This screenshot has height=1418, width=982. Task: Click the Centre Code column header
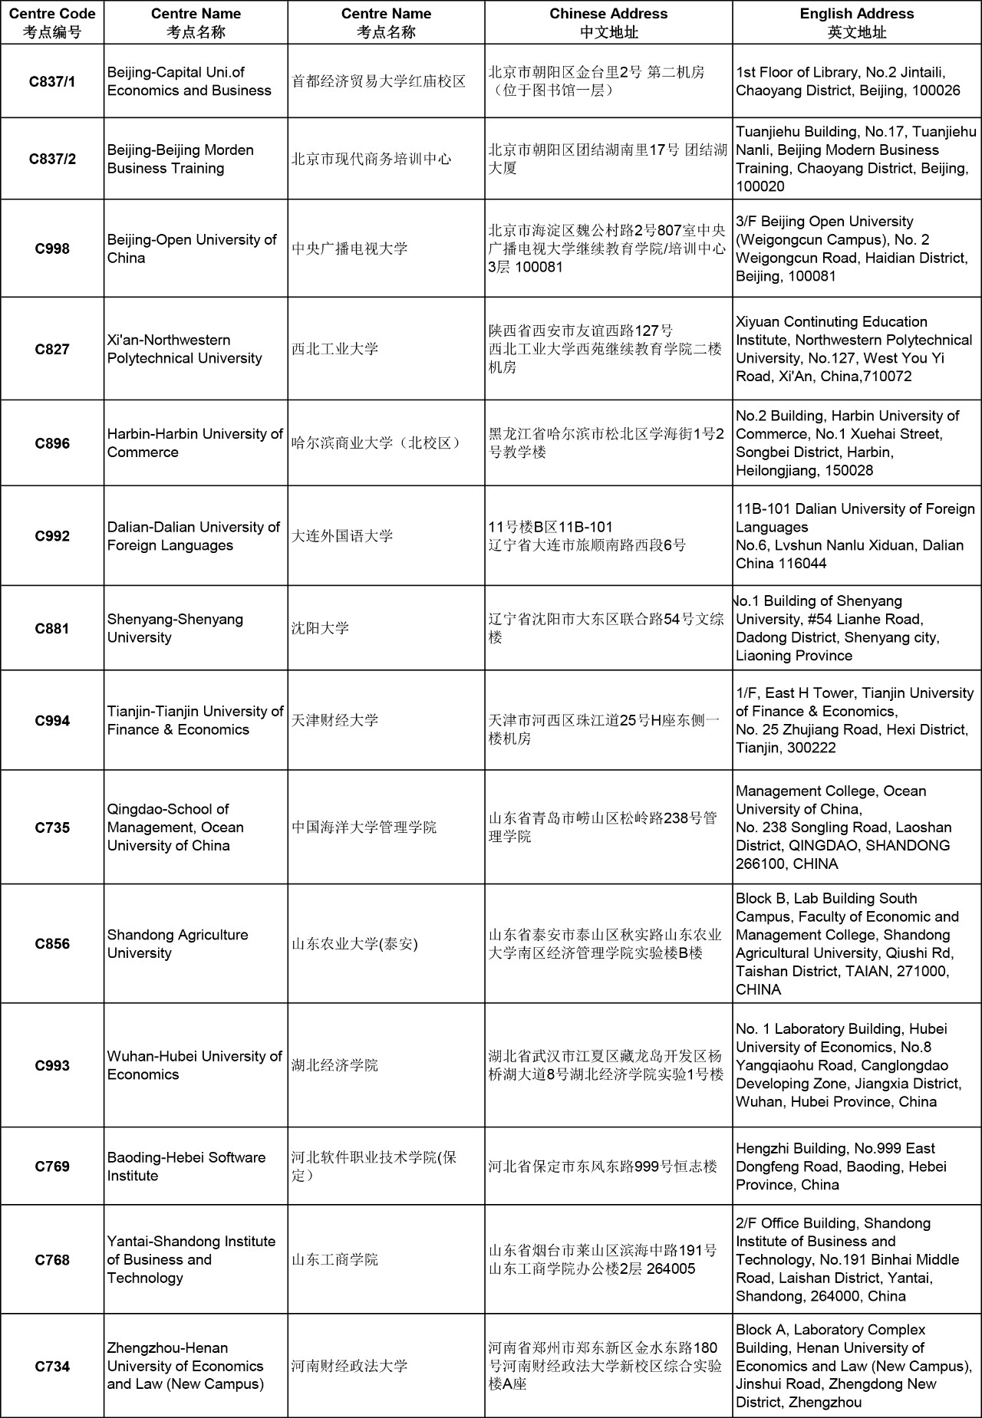(x=52, y=23)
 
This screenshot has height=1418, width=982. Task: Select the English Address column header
(x=856, y=23)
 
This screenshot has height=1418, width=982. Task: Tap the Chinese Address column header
(x=608, y=23)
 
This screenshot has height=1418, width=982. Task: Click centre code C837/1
(x=52, y=81)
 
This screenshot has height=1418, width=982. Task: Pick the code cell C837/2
(x=52, y=159)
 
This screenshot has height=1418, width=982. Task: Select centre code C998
(x=52, y=248)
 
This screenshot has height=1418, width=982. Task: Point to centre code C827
(x=52, y=349)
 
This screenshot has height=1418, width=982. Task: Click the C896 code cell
(x=52, y=443)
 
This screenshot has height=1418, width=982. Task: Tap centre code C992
(x=52, y=536)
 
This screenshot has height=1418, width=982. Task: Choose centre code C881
(x=52, y=629)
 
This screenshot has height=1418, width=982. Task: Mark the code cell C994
(x=52, y=721)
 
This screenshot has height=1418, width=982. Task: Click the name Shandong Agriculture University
(x=178, y=944)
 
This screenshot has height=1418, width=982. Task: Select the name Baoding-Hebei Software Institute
(x=186, y=1166)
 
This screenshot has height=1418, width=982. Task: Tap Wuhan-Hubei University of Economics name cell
(x=195, y=1065)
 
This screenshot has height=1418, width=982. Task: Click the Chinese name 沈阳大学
(x=321, y=629)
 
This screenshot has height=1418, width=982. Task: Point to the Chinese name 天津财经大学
(x=335, y=721)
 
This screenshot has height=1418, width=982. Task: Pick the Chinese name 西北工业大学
(x=335, y=349)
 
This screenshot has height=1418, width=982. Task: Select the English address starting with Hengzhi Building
(x=841, y=1166)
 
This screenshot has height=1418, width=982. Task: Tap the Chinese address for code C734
(x=605, y=1366)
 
